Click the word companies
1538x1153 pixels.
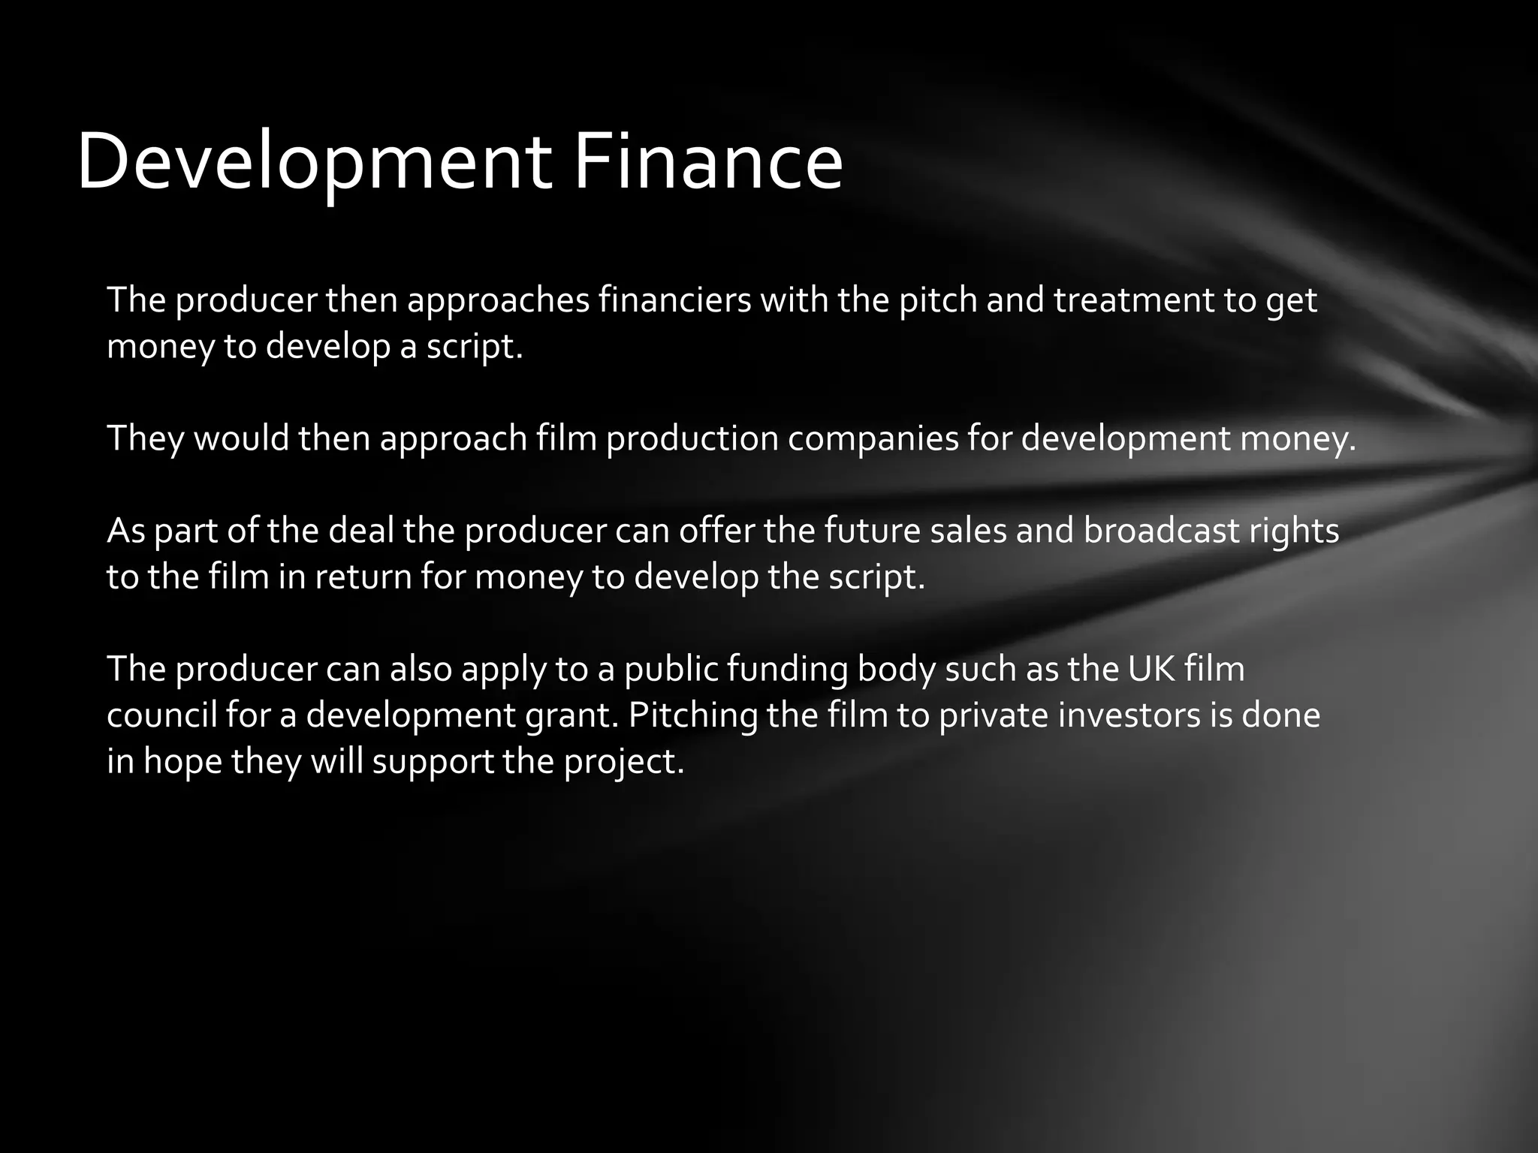[873, 438]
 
